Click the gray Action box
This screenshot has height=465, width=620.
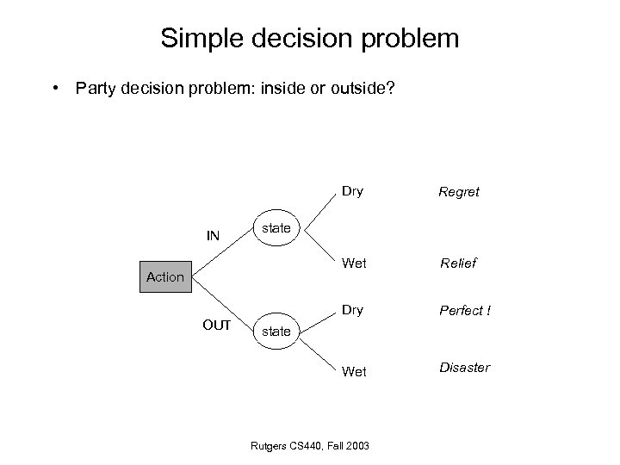pyautogui.click(x=164, y=276)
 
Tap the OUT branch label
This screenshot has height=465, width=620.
pyautogui.click(x=216, y=325)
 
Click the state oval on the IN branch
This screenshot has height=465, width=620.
pyautogui.click(x=276, y=228)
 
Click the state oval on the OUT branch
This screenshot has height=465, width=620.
pyautogui.click(x=276, y=330)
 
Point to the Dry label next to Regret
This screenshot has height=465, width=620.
pyautogui.click(x=352, y=191)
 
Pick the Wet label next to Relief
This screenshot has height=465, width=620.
pyautogui.click(x=353, y=262)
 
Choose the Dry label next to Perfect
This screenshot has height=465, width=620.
pyautogui.click(x=352, y=308)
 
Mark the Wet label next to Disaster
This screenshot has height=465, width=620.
pyautogui.click(x=353, y=372)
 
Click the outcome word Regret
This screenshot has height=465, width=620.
pyautogui.click(x=459, y=192)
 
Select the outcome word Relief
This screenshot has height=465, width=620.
pyautogui.click(x=459, y=263)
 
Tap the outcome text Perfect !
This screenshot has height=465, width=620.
pyautogui.click(x=464, y=309)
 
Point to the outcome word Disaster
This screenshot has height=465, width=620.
pyautogui.click(x=465, y=368)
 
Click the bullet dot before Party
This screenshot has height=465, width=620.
pyautogui.click(x=55, y=87)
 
